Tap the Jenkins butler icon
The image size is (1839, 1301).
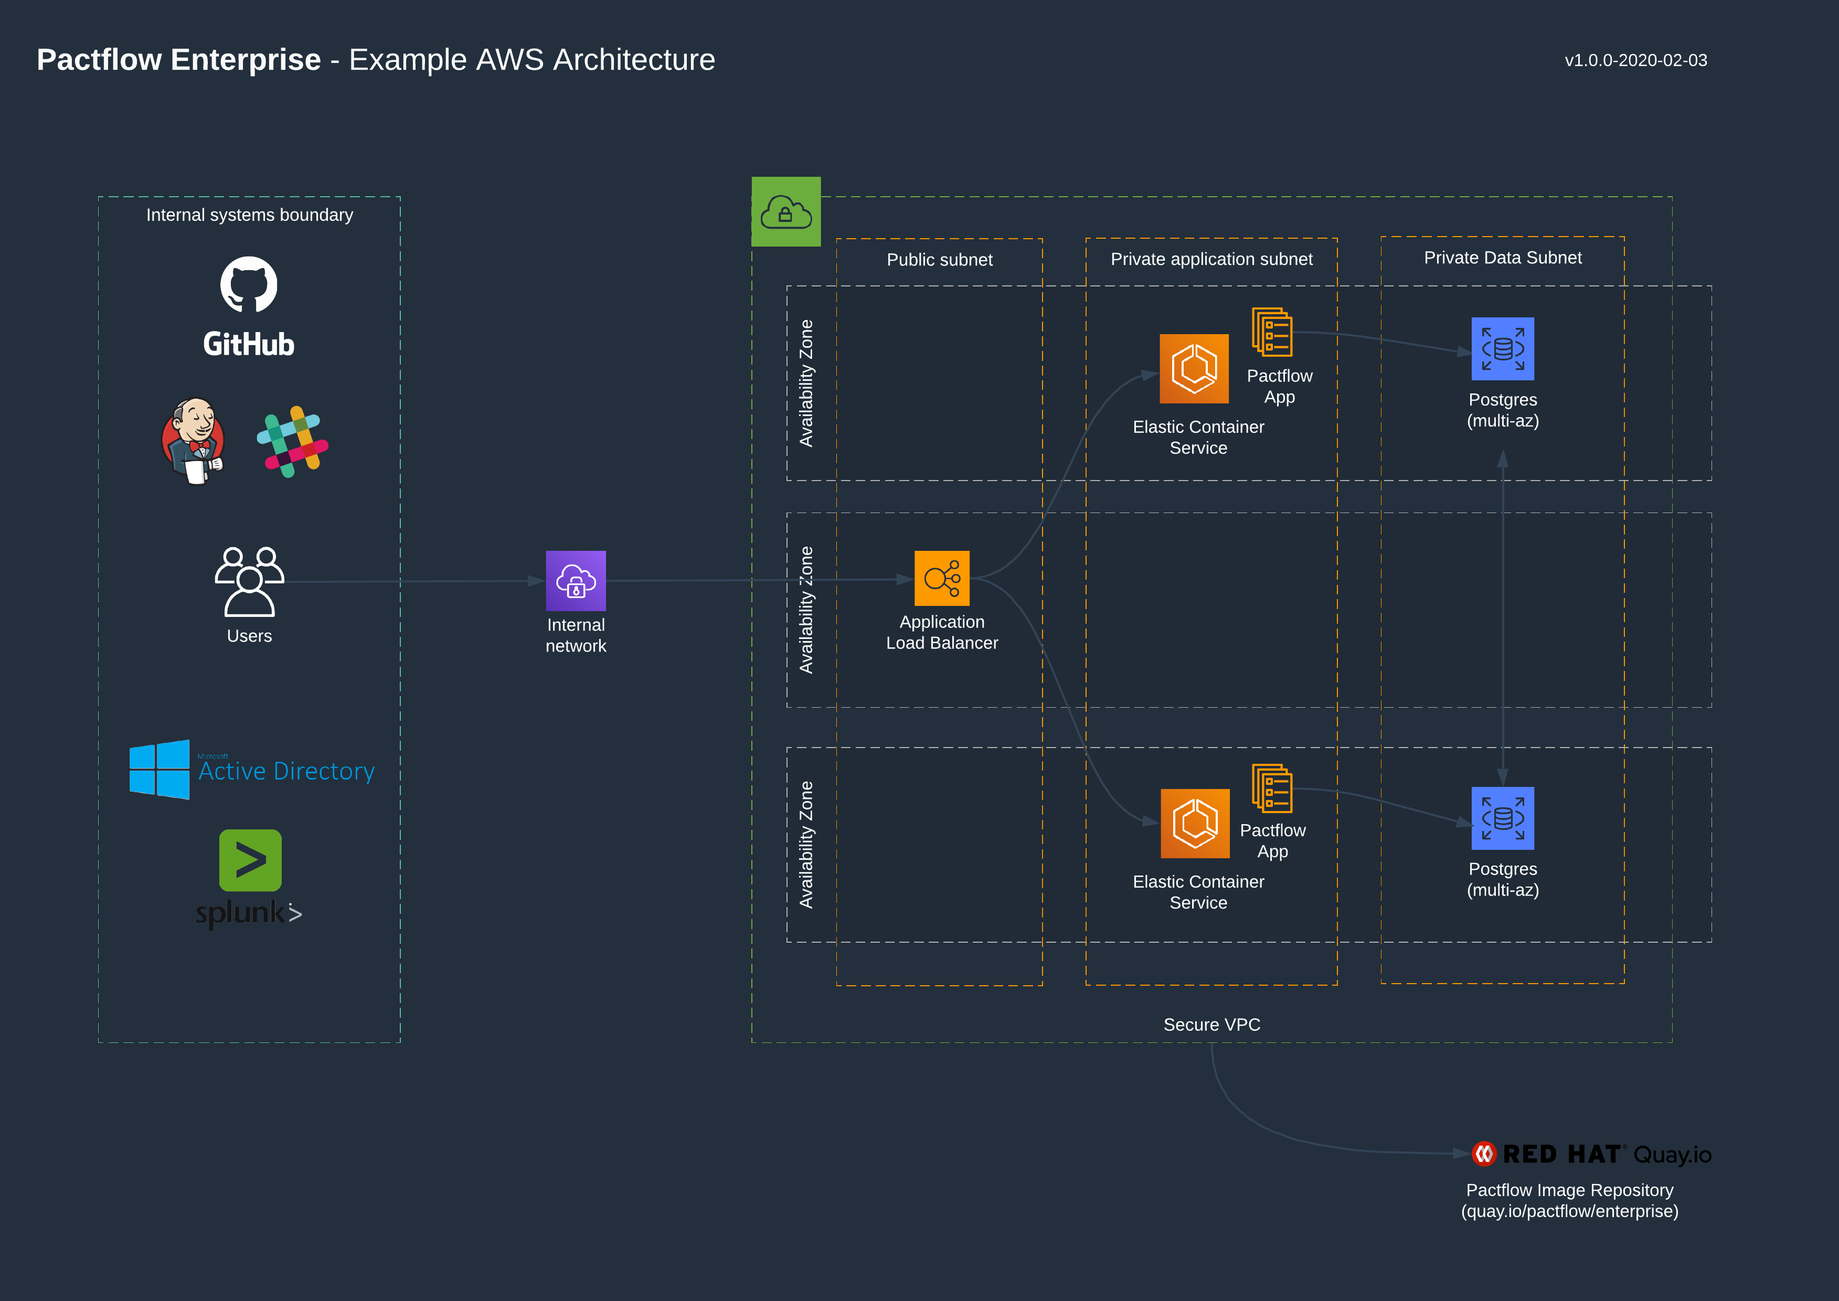click(193, 441)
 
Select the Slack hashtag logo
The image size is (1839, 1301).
click(292, 441)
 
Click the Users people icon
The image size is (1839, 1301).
click(249, 582)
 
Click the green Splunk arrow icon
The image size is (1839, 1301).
click(250, 860)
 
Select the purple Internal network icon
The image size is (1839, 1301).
click(576, 581)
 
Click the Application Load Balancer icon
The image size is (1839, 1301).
click(941, 579)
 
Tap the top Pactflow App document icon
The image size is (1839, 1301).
click(1272, 333)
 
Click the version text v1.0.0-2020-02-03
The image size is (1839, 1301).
click(1635, 61)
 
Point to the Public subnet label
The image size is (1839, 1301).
click(939, 260)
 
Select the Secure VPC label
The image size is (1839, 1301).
click(1211, 1025)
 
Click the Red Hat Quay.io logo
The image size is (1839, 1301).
click(1591, 1155)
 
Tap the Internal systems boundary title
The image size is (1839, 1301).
click(249, 215)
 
